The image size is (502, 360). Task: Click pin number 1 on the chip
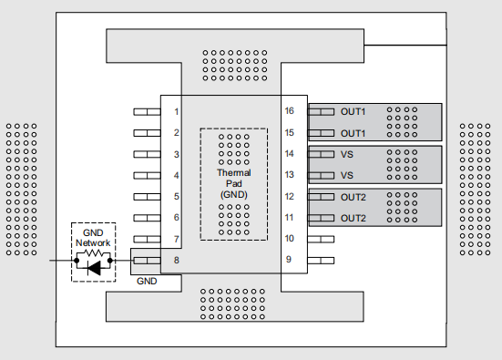pos(176,111)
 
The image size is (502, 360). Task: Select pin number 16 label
pos(289,111)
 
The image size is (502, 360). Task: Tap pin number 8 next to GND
pos(176,261)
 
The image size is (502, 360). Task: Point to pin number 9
pos(289,261)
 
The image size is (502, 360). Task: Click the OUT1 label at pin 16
pos(353,111)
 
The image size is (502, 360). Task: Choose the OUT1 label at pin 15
pos(353,133)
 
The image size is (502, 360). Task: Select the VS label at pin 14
pos(346,154)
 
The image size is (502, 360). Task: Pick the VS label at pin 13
pos(346,175)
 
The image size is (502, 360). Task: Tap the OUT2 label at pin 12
pos(353,197)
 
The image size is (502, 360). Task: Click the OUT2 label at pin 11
pos(353,218)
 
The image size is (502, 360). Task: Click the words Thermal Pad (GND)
pos(233,182)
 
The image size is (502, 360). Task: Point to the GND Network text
pos(92,238)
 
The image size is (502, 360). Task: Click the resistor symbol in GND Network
pos(92,253)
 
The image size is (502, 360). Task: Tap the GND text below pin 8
pos(147,282)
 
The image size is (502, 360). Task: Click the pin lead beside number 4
pos(146,175)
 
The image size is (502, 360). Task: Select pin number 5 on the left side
pos(176,197)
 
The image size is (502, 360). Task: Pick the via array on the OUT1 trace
pos(402,121)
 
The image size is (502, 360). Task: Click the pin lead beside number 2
pos(146,133)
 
